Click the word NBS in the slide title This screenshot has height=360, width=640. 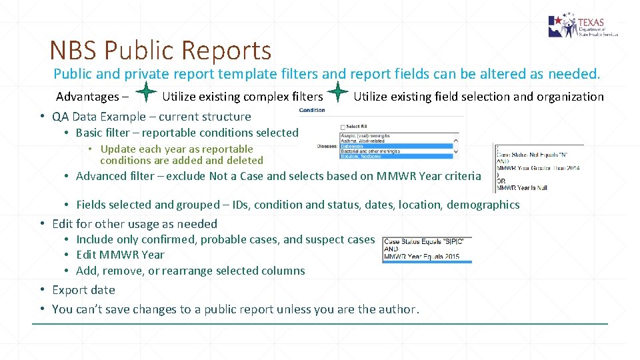(x=74, y=50)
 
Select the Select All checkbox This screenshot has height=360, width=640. (x=343, y=127)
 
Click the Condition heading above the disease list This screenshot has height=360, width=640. (x=312, y=110)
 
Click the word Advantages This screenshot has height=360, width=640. (x=87, y=97)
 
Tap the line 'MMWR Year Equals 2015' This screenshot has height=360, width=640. (x=421, y=257)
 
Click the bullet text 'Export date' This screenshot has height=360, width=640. (x=83, y=290)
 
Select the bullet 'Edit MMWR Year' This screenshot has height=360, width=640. (x=120, y=255)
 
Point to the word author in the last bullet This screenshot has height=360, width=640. (x=395, y=309)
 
